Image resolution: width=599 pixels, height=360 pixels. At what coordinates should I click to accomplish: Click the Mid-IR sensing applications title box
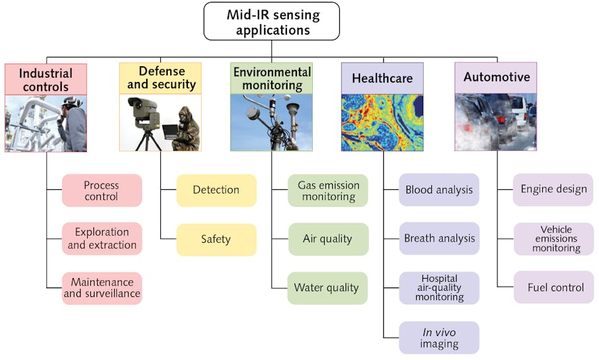[271, 21]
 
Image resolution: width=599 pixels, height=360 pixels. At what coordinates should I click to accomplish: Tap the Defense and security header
[160, 78]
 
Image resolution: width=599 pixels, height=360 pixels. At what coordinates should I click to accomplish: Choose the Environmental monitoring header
[272, 79]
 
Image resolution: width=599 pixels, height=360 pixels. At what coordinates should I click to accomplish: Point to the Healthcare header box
[382, 79]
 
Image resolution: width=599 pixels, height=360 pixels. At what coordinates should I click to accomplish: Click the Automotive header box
[496, 78]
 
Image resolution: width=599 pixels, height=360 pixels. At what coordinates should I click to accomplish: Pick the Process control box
[102, 190]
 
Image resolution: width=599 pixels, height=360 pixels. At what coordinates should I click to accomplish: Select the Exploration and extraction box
[102, 238]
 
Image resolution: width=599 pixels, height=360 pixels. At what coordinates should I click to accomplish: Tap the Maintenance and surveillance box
[102, 288]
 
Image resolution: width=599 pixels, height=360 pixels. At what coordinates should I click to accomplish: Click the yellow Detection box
[216, 190]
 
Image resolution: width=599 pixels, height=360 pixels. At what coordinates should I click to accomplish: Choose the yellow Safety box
[216, 240]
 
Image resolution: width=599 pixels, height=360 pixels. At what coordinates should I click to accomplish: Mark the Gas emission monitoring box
[328, 190]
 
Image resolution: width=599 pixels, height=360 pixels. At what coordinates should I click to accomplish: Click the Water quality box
[327, 288]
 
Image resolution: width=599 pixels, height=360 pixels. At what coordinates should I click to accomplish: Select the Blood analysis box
[439, 190]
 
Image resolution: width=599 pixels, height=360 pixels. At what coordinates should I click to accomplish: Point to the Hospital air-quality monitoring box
[439, 287]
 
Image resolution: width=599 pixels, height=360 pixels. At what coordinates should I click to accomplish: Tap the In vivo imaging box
[439, 338]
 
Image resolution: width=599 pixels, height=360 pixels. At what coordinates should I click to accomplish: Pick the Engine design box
[553, 189]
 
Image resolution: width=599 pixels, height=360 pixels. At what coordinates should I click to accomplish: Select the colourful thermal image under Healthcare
[382, 122]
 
